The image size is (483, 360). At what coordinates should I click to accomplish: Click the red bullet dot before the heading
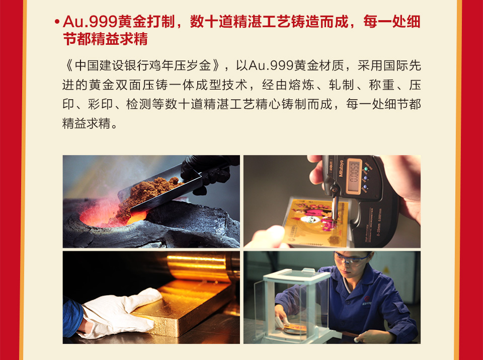(x=56, y=22)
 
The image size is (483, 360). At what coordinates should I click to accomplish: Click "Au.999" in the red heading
(x=90, y=22)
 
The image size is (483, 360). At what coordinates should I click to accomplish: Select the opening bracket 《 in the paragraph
(x=69, y=65)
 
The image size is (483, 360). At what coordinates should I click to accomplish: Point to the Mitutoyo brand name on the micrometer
(x=341, y=168)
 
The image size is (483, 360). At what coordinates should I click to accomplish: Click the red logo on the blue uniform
(x=367, y=299)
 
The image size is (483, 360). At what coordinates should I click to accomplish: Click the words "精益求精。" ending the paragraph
(x=90, y=123)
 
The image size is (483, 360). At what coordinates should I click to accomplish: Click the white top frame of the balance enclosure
(x=296, y=275)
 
